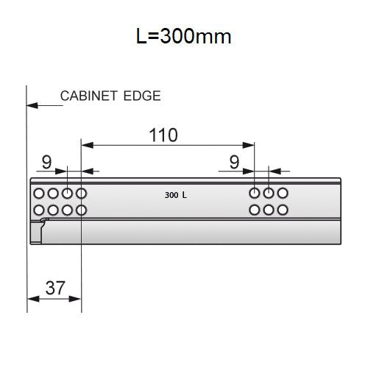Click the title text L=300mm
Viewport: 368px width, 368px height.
pos(184,35)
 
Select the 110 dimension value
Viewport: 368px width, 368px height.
pos(163,135)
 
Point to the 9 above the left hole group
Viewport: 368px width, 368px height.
pos(46,162)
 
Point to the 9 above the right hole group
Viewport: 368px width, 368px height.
pos(234,162)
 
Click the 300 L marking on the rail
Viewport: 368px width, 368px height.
pos(176,196)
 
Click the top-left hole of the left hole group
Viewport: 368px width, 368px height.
pos(38,194)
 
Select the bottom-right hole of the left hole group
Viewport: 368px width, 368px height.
pos(81,210)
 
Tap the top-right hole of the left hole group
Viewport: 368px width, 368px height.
pos(81,194)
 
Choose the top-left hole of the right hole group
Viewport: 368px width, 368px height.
pos(255,194)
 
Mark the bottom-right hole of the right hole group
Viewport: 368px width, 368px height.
pos(283,210)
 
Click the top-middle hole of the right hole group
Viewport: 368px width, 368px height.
pos(269,194)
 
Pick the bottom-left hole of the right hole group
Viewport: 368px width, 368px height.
pos(255,210)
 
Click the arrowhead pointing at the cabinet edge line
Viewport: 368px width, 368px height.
pos(31,106)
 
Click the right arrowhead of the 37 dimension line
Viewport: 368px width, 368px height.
pos(76,299)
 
